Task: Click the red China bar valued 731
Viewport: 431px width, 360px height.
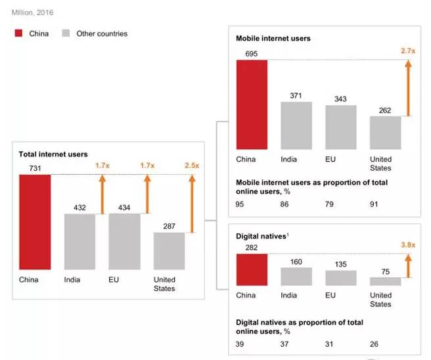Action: (35, 221)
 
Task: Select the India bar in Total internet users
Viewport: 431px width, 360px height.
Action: (79, 241)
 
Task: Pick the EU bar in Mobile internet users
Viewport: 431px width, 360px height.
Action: (340, 127)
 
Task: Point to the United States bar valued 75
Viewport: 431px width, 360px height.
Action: (385, 281)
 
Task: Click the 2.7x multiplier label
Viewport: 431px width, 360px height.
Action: (408, 50)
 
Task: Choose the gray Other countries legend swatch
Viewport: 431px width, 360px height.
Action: (66, 34)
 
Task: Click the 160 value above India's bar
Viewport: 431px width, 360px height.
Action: (296, 261)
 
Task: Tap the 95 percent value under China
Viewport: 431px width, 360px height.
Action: (240, 205)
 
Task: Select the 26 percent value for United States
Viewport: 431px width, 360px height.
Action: (374, 344)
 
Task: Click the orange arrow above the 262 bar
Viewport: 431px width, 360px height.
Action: (408, 88)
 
